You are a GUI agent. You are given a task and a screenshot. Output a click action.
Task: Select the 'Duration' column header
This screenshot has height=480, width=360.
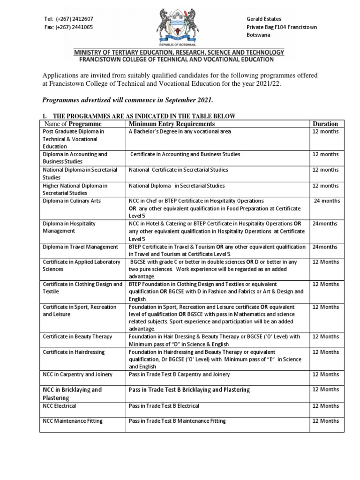point(325,124)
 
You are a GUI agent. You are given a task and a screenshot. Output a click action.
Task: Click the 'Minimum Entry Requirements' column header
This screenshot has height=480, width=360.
point(172,124)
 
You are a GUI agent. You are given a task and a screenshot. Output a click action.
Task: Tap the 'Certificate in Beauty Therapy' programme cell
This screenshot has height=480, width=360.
point(77,337)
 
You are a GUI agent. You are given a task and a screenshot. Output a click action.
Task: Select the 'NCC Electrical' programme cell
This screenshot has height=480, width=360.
point(60,405)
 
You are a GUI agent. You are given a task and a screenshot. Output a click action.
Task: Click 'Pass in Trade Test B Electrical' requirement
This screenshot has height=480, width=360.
point(164,405)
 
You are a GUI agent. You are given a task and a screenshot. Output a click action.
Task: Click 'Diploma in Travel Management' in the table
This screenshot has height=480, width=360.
point(80,247)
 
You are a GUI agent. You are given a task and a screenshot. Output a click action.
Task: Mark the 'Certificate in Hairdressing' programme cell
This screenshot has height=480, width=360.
point(74,352)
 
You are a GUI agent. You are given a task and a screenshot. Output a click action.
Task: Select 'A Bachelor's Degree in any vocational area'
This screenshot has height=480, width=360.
point(180,132)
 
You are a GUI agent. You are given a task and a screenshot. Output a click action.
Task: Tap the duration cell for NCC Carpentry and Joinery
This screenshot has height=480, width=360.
point(325,374)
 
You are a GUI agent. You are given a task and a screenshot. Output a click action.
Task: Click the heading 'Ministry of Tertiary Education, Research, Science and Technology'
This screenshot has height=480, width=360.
point(178,52)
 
